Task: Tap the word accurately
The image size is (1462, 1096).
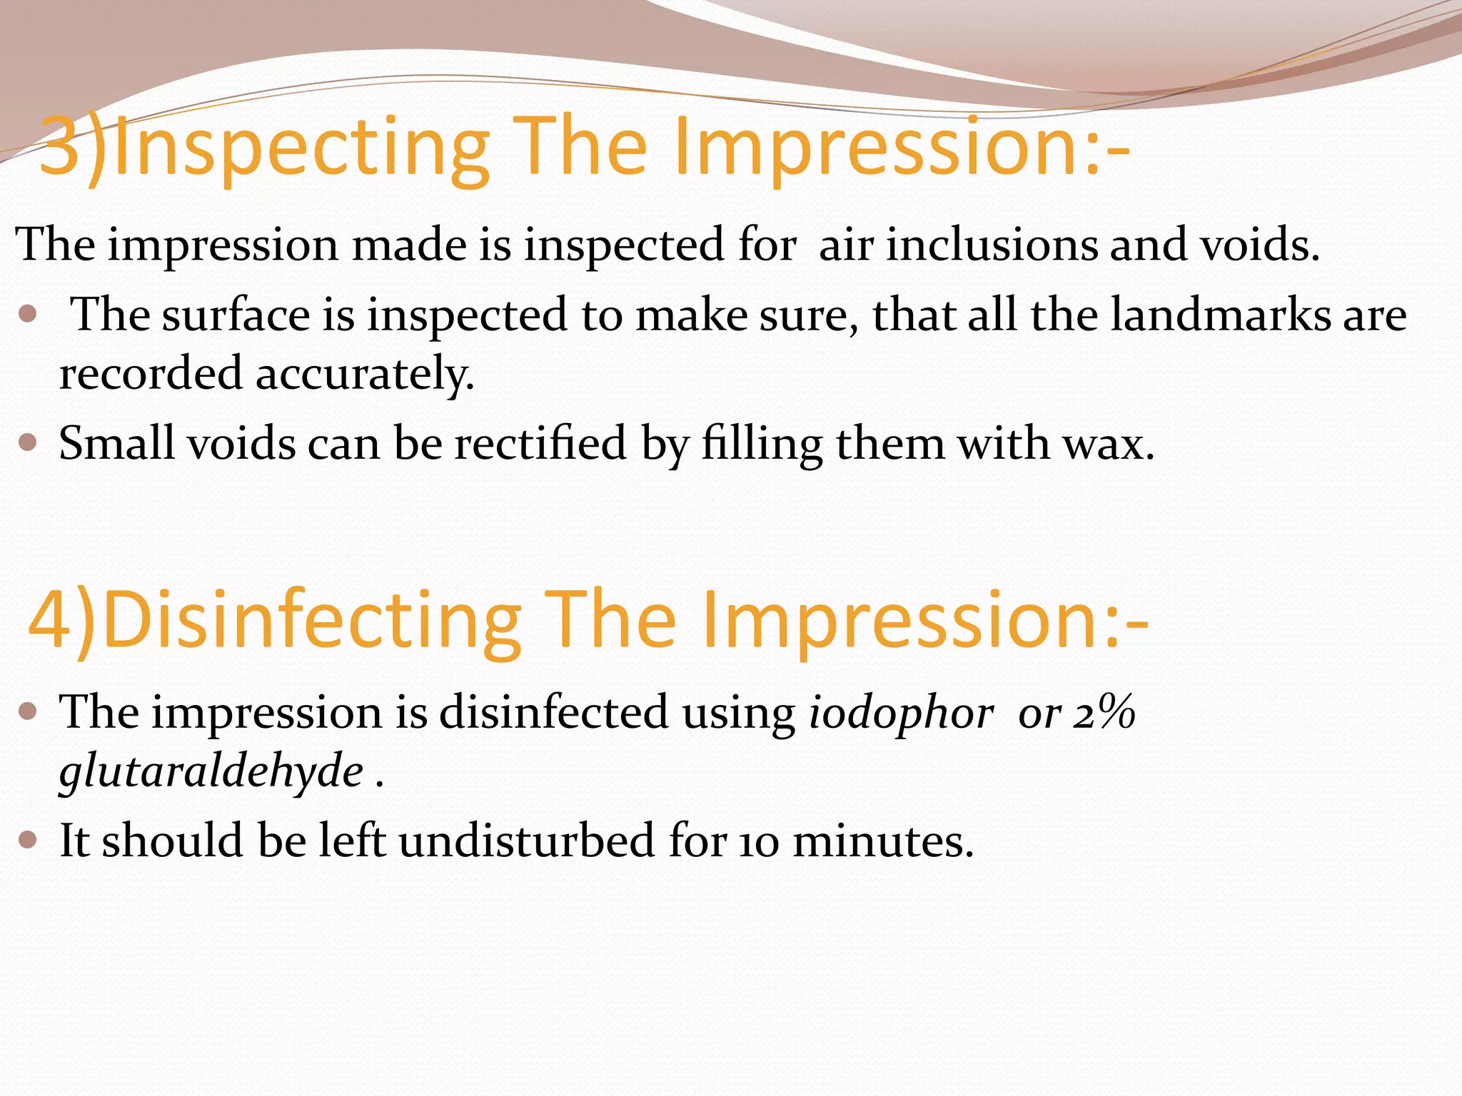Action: coord(365,374)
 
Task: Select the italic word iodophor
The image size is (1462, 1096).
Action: coord(901,713)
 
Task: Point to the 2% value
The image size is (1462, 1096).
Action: coord(1104,713)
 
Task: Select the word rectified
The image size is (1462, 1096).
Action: coord(541,444)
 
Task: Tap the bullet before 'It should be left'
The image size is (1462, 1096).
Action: coord(28,840)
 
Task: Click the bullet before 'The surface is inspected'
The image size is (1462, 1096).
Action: coord(28,314)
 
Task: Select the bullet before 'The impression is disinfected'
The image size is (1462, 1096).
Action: coord(28,711)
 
